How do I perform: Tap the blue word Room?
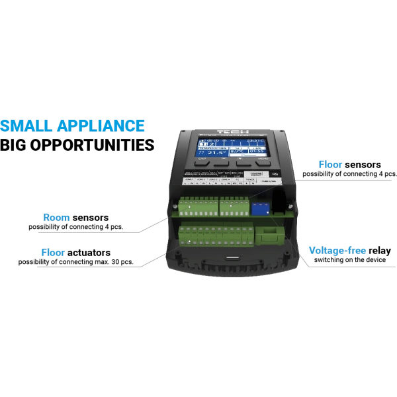click(56, 216)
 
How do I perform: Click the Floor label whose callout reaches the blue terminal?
click(330, 163)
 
